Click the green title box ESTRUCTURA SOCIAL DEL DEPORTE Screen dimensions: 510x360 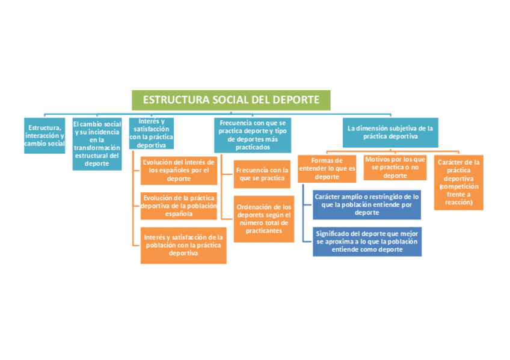click(231, 100)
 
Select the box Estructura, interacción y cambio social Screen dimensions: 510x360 click(45, 135)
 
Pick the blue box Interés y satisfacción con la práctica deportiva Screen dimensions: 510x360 click(151, 133)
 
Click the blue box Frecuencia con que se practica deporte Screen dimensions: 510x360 click(253, 135)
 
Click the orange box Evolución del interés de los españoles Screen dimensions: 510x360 click(179, 171)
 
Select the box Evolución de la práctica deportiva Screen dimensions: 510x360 click(179, 206)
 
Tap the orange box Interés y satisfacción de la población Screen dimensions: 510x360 click(183, 245)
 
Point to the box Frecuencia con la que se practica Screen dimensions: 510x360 click(262, 174)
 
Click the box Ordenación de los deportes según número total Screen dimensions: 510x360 click(263, 219)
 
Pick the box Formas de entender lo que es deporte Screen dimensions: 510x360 click(327, 168)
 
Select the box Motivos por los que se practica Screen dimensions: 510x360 click(395, 167)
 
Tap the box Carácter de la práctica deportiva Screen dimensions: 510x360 click(458, 182)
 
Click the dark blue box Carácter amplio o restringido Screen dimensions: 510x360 click(367, 204)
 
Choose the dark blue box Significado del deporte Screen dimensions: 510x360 click(367, 241)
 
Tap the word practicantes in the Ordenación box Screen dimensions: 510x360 click(263, 231)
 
